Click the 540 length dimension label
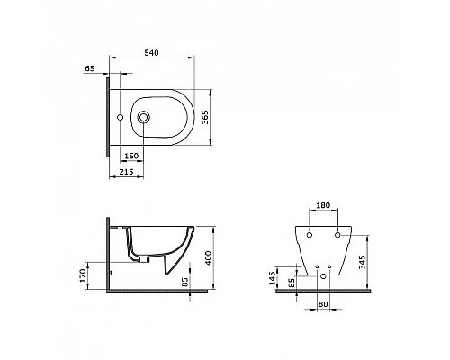tap(151, 53)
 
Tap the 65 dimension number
tap(90, 68)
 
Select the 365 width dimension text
tap(205, 117)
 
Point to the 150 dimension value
tap(131, 156)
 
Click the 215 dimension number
tap(126, 172)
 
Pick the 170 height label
tap(83, 275)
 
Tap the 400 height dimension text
tap(208, 257)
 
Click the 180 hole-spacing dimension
tap(323, 205)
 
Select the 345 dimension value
tap(363, 262)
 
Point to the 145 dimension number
tap(272, 278)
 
